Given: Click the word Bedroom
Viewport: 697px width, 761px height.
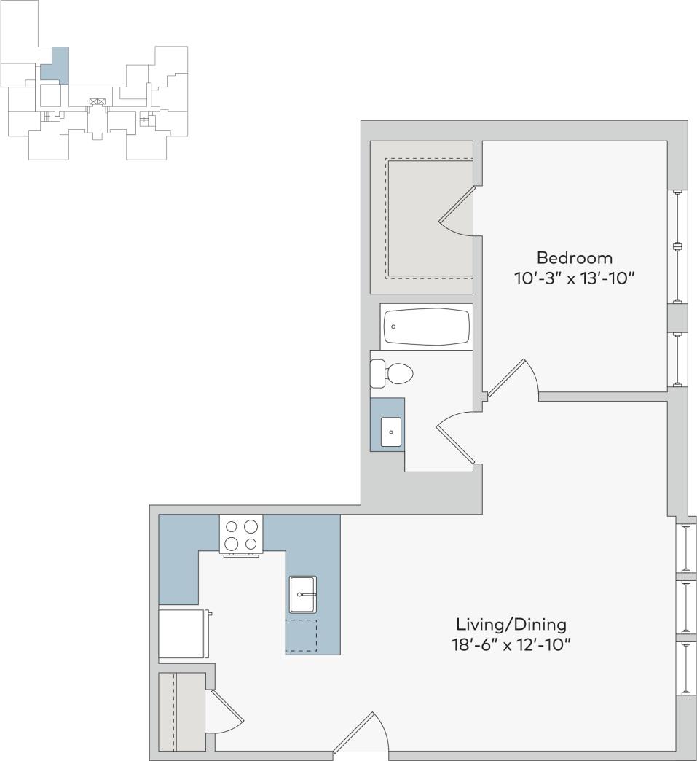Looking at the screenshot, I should click(574, 257).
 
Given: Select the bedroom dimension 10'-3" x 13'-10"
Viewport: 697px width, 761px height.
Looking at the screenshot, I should click(574, 278).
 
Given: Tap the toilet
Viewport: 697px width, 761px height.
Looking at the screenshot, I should click(393, 374).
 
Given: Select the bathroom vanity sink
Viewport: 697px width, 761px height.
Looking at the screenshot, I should click(391, 432).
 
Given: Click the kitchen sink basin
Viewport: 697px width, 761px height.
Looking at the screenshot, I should click(302, 594).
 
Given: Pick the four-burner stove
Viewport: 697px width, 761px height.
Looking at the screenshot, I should click(241, 534).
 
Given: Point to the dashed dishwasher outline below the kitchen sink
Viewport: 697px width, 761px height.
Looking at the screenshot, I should click(302, 635).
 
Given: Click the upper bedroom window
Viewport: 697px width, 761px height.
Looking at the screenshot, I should click(677, 246).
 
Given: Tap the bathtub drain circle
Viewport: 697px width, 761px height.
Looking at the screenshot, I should click(393, 327).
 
